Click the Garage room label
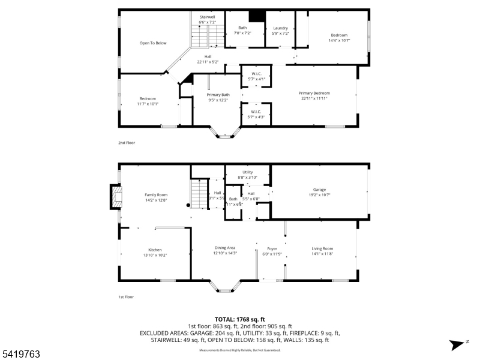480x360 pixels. (319, 190)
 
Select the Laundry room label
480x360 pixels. (280, 28)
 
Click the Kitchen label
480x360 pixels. (155, 250)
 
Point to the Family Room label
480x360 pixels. (155, 195)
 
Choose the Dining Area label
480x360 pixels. (225, 248)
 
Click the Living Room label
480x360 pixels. (322, 248)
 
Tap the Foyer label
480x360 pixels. (272, 248)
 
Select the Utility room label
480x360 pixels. (247, 172)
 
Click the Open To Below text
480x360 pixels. (153, 43)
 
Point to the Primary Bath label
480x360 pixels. (218, 95)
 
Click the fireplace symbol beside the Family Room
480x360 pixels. (115, 197)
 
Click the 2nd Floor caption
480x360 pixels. (127, 143)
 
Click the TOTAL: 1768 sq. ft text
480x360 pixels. (240, 319)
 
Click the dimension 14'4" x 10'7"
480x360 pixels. (338, 41)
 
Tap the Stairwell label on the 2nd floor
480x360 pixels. (208, 17)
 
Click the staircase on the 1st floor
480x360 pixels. (199, 194)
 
